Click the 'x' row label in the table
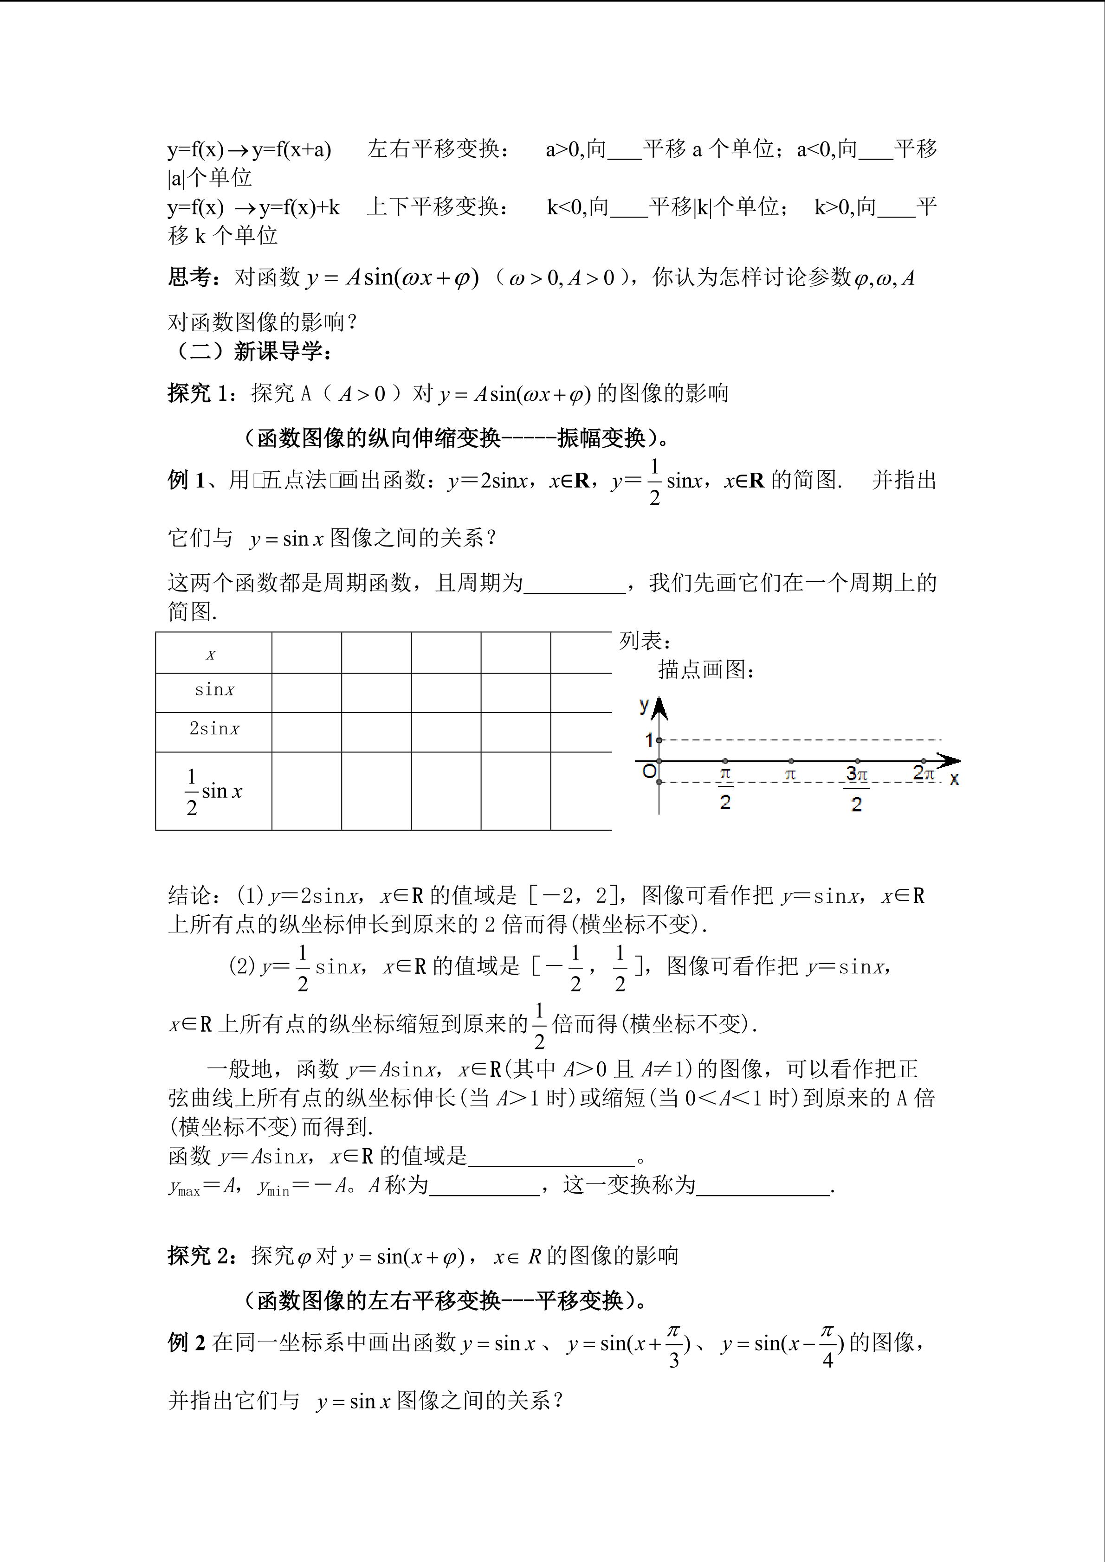pos(211,655)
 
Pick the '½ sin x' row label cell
pos(213,791)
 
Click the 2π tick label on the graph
pos(924,773)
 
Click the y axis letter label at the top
pos(644,705)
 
